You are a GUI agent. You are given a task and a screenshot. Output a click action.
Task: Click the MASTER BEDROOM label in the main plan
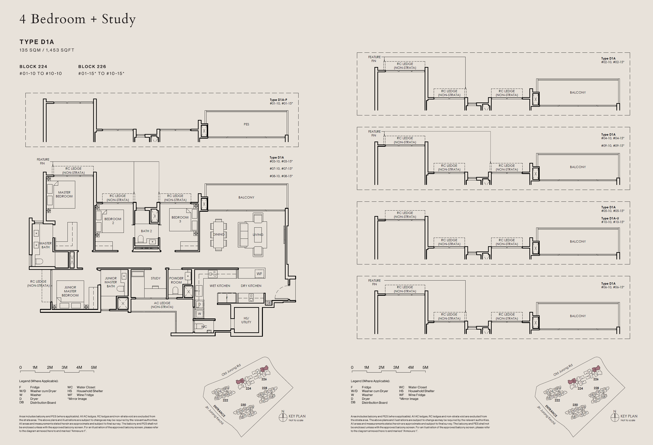(x=64, y=194)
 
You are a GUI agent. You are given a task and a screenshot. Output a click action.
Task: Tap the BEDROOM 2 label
(x=113, y=221)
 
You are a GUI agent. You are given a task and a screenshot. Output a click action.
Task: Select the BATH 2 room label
(x=146, y=231)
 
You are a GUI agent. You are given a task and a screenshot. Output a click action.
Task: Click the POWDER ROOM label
(x=176, y=280)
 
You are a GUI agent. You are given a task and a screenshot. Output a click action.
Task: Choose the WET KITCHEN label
(x=220, y=286)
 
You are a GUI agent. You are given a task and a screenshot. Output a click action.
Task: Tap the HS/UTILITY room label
(x=246, y=320)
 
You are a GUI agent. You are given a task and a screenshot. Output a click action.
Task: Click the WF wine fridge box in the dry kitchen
(x=259, y=274)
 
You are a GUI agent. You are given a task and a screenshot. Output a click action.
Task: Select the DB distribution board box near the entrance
(x=269, y=303)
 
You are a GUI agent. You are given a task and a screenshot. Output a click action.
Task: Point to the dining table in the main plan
(x=218, y=234)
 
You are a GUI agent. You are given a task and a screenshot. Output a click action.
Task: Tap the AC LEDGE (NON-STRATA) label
(x=162, y=305)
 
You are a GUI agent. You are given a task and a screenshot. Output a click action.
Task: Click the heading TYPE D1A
(x=37, y=42)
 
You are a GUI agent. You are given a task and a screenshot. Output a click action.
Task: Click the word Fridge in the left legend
(x=35, y=387)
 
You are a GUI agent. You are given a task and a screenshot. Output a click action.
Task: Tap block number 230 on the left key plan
(x=243, y=405)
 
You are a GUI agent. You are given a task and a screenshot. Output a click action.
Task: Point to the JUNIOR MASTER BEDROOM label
(x=70, y=291)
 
